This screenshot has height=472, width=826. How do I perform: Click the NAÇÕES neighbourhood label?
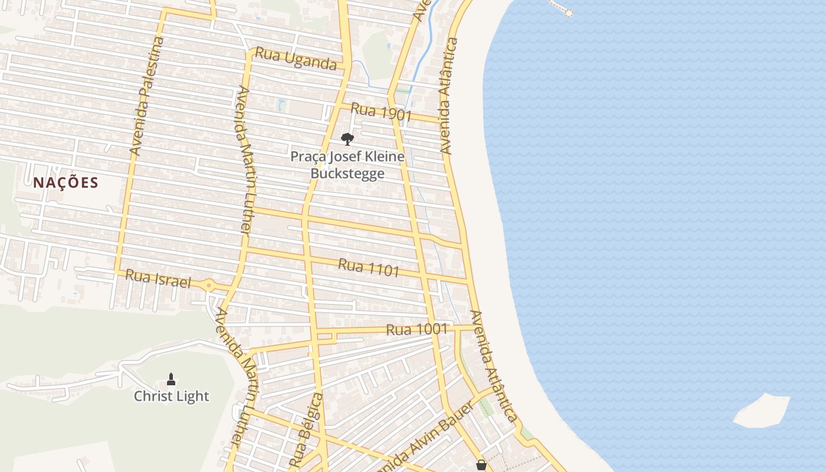coord(65,182)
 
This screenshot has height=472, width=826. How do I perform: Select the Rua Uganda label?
coord(296,60)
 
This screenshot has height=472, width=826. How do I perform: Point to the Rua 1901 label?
coord(381,112)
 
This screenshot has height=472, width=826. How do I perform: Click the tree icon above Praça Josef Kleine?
coord(348,139)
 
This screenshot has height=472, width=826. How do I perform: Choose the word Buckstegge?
coord(348,173)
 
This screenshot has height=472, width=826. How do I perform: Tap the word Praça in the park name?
coord(308,157)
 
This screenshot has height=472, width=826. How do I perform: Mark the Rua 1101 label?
coord(369,268)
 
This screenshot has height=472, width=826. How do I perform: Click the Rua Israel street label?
coord(158,278)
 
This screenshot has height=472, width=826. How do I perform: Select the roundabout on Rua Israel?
coord(209,286)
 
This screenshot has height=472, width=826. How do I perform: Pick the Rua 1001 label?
coord(417,329)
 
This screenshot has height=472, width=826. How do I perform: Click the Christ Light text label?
coord(171,396)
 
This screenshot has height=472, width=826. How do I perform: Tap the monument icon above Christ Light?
coord(171,379)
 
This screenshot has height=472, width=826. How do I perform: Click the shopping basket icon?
coord(481,466)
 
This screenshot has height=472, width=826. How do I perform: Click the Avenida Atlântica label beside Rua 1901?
coord(449,96)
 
